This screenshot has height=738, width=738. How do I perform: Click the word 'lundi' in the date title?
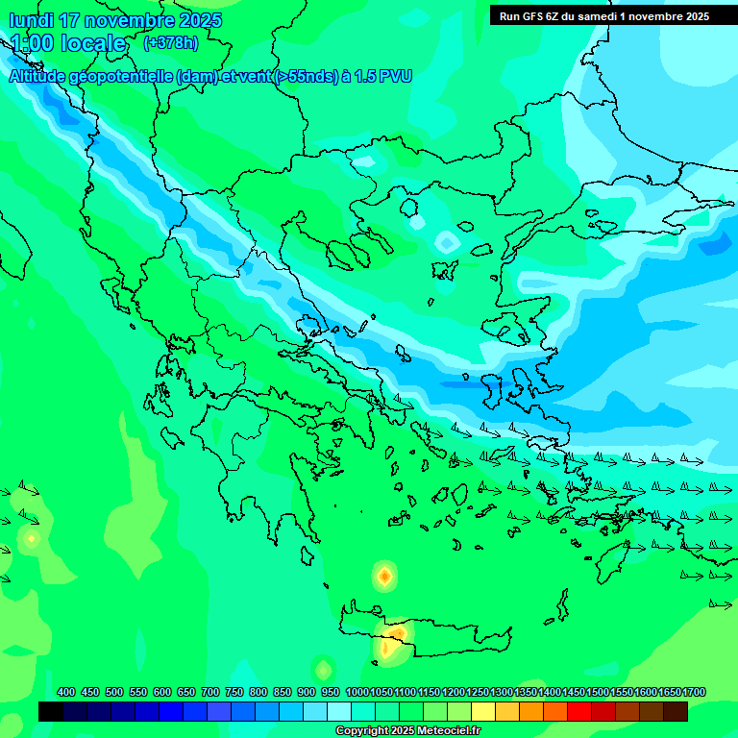(x=31, y=20)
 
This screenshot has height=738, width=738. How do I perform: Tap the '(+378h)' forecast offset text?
(x=170, y=42)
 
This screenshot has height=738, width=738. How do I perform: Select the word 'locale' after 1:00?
(x=91, y=43)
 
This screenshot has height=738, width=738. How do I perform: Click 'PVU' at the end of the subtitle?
(x=396, y=77)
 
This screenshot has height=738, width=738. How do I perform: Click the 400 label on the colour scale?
(x=66, y=692)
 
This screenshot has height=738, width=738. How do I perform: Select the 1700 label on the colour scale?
(x=693, y=692)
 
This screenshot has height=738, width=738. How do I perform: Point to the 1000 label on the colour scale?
(x=357, y=692)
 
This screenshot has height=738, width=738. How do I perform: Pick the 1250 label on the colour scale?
(x=477, y=692)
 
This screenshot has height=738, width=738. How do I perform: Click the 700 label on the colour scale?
(x=210, y=692)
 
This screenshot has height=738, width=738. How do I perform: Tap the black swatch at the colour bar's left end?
(x=51, y=711)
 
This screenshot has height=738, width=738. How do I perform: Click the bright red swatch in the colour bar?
(x=579, y=711)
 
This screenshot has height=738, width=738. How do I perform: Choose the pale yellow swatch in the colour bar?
(x=483, y=711)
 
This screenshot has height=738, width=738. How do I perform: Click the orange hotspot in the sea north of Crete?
(x=384, y=576)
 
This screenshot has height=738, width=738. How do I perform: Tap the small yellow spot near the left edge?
(x=31, y=538)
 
